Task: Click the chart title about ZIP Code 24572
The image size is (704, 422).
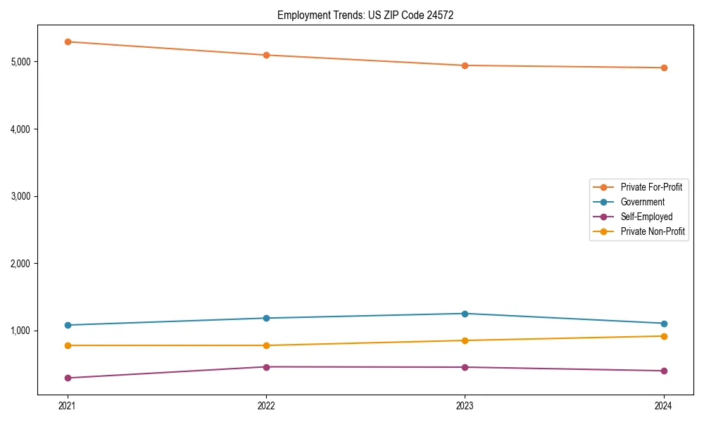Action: click(x=365, y=15)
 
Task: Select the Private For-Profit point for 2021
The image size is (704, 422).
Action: click(x=68, y=41)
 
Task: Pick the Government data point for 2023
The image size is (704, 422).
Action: click(x=465, y=314)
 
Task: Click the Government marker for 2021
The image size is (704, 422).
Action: click(x=68, y=325)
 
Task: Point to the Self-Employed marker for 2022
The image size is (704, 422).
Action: click(x=266, y=367)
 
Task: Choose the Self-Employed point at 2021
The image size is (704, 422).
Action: click(x=68, y=378)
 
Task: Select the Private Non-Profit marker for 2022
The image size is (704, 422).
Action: click(x=266, y=345)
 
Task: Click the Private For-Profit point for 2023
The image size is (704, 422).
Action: click(x=465, y=65)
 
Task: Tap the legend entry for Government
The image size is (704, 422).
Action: click(x=642, y=202)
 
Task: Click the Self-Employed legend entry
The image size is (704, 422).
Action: click(x=646, y=217)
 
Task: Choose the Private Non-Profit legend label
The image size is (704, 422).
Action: click(x=653, y=231)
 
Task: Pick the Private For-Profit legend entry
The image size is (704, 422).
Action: click(x=651, y=187)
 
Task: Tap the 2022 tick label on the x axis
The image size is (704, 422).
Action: click(x=266, y=406)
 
